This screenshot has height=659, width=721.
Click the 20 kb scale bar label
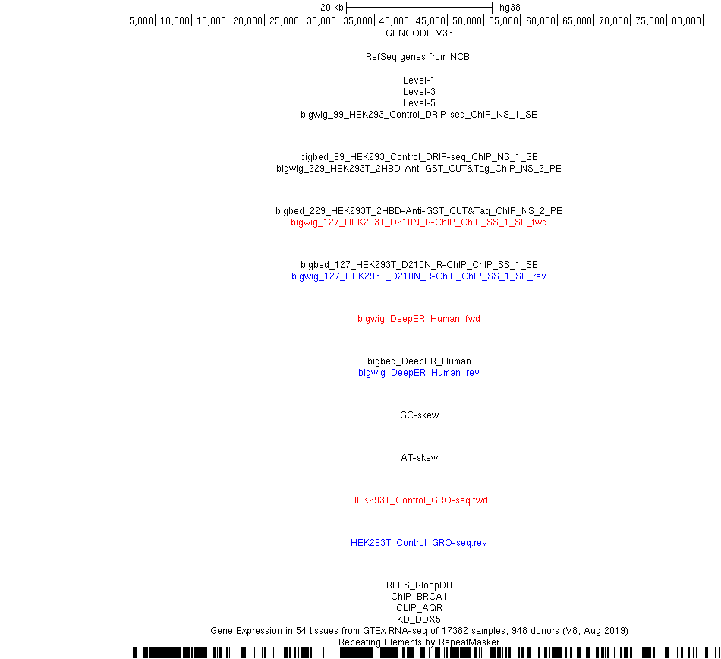[332, 8]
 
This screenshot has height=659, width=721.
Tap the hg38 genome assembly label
[509, 8]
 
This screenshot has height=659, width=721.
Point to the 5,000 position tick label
[140, 21]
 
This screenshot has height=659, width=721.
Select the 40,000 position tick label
[394, 21]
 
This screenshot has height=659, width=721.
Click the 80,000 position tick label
[686, 21]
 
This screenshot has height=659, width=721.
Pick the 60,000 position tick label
[540, 21]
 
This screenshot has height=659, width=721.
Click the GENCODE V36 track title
[419, 33]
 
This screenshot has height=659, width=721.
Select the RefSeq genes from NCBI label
[419, 57]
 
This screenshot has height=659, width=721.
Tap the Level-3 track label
[419, 92]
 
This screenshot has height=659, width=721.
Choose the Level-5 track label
[419, 103]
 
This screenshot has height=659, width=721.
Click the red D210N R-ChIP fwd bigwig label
[419, 222]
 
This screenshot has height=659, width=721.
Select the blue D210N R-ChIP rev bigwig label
[419, 276]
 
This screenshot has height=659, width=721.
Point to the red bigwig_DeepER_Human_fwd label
[419, 319]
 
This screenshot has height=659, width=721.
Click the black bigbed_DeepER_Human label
[419, 361]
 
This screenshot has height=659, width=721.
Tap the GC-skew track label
[420, 415]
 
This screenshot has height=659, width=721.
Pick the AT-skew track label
[420, 458]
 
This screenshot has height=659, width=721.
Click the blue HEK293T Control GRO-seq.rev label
[419, 543]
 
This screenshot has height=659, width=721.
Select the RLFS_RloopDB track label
[419, 585]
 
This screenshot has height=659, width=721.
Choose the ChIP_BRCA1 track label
[419, 597]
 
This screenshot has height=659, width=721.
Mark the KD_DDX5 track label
[419, 620]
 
